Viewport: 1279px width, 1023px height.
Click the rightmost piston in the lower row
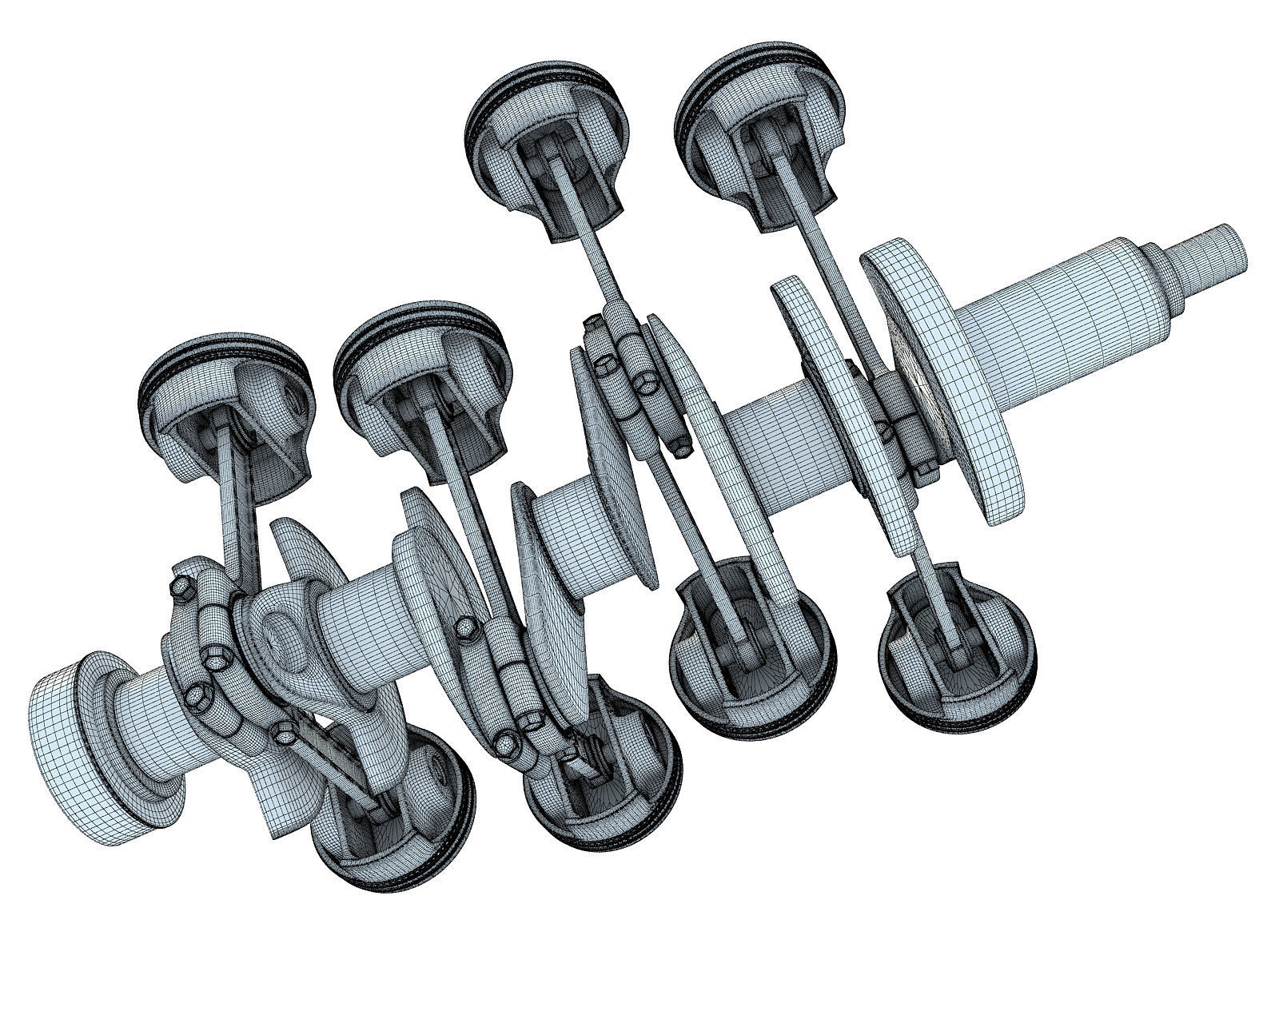[959, 639]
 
